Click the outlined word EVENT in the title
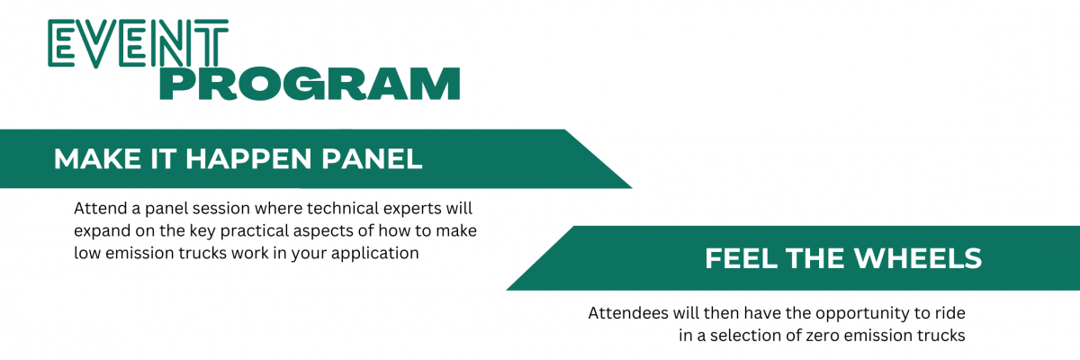coord(138,43)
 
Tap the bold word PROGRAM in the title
coord(310,84)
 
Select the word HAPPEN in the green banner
coord(248,159)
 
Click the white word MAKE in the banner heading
coord(97,159)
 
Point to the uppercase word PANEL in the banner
coord(373,159)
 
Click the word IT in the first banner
coord(163,159)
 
